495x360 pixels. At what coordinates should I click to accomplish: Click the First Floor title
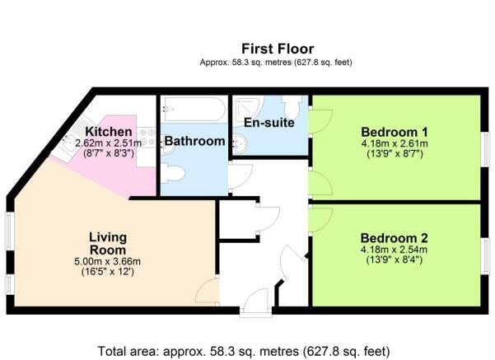[278, 49]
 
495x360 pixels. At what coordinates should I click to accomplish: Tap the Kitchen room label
[109, 131]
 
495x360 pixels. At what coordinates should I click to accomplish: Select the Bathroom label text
[194, 141]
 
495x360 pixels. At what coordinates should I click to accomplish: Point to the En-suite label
[269, 123]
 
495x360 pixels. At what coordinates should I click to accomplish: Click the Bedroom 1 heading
[395, 132]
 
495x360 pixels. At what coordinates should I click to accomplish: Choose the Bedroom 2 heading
[395, 238]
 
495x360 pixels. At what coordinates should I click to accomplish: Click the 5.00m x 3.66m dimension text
[107, 261]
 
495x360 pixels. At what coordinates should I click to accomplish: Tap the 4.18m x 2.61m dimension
[395, 143]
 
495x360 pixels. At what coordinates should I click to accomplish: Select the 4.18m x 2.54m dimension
[395, 250]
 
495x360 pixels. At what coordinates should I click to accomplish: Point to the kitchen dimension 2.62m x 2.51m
[108, 143]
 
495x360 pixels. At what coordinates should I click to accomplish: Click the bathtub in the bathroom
[194, 110]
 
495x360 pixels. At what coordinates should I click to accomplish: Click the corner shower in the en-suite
[250, 109]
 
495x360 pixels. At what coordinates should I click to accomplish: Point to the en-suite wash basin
[240, 144]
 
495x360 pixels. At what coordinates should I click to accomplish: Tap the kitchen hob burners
[147, 138]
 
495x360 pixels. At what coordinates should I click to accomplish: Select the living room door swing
[208, 292]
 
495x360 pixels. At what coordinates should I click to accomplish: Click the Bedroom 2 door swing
[320, 220]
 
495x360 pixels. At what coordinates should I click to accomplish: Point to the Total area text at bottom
[244, 351]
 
